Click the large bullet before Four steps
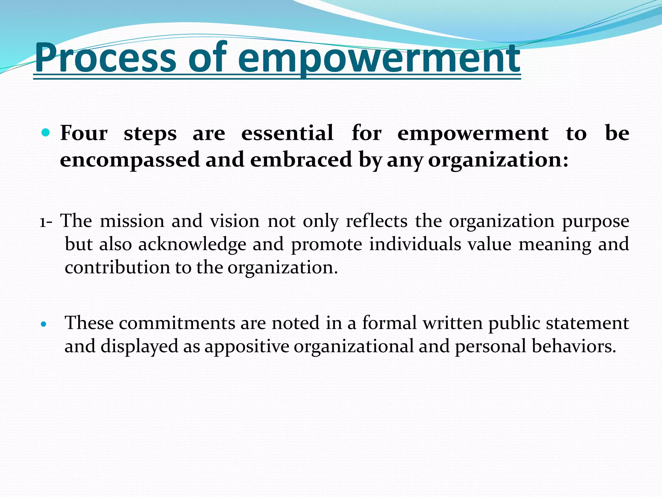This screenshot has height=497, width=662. tap(46, 132)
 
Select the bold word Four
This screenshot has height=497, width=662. tap(84, 133)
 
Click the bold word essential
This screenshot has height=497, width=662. tap(287, 133)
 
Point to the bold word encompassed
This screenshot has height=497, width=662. tap(130, 160)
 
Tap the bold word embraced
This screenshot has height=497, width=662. tap(301, 160)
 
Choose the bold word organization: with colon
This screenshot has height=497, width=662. tap(498, 160)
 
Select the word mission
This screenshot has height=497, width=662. tap(132, 221)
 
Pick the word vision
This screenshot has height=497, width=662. tap(235, 221)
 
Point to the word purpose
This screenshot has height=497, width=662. tap(595, 222)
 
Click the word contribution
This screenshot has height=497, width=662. tap(117, 268)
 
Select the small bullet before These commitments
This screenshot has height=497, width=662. tap(44, 324)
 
